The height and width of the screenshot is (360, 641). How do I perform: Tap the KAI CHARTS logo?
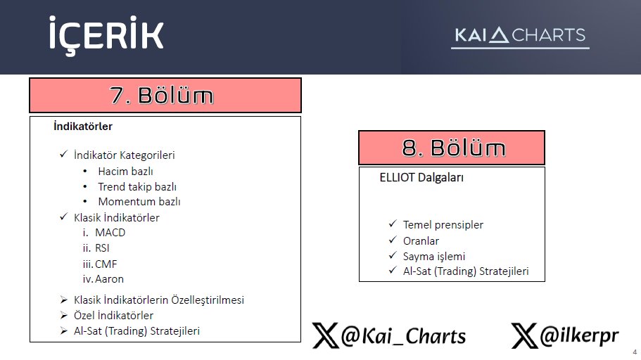click(519, 36)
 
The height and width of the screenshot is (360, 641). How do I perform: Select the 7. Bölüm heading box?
click(165, 95)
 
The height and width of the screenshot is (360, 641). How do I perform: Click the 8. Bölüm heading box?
click(452, 148)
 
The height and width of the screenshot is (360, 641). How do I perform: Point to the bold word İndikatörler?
click(83, 127)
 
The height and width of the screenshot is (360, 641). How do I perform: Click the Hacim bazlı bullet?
click(125, 171)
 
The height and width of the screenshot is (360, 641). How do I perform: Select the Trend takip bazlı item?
click(137, 186)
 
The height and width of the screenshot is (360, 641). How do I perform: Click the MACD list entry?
click(110, 232)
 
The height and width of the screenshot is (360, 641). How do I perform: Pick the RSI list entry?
click(103, 247)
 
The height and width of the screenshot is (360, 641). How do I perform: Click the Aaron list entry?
click(109, 278)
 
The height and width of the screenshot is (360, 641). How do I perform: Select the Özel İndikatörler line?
click(113, 315)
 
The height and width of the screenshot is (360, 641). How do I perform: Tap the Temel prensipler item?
click(443, 225)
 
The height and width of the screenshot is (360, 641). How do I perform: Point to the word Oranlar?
click(421, 240)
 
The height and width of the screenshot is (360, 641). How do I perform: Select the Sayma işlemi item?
click(434, 256)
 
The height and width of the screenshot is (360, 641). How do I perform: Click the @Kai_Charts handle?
click(403, 336)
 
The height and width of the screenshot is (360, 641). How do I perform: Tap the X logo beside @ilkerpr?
click(525, 336)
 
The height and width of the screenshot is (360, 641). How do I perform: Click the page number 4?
click(635, 352)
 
